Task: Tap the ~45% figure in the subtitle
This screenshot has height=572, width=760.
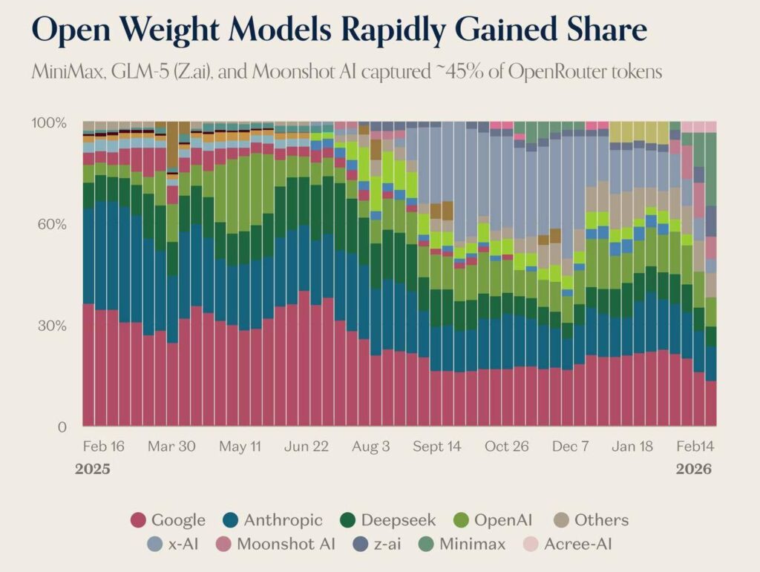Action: (459, 72)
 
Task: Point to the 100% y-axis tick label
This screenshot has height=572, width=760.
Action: (49, 123)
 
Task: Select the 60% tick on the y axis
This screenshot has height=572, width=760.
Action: (52, 225)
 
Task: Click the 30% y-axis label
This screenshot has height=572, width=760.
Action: (52, 326)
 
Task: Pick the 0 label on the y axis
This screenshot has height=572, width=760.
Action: (62, 427)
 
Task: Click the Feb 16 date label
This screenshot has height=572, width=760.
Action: (104, 446)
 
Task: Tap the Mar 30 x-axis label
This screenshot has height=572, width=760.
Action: (171, 446)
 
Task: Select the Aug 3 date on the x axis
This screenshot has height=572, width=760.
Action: (371, 447)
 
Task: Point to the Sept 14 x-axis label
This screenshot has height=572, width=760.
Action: (437, 447)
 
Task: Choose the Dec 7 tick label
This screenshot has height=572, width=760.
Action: (571, 446)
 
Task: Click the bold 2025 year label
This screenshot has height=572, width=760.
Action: (93, 469)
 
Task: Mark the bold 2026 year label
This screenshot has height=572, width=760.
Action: (694, 469)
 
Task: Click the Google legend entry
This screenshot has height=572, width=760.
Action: (168, 520)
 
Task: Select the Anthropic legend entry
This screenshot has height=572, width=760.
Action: (272, 520)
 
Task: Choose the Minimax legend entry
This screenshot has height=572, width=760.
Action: (462, 544)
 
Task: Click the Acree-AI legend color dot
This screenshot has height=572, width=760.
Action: (531, 545)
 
